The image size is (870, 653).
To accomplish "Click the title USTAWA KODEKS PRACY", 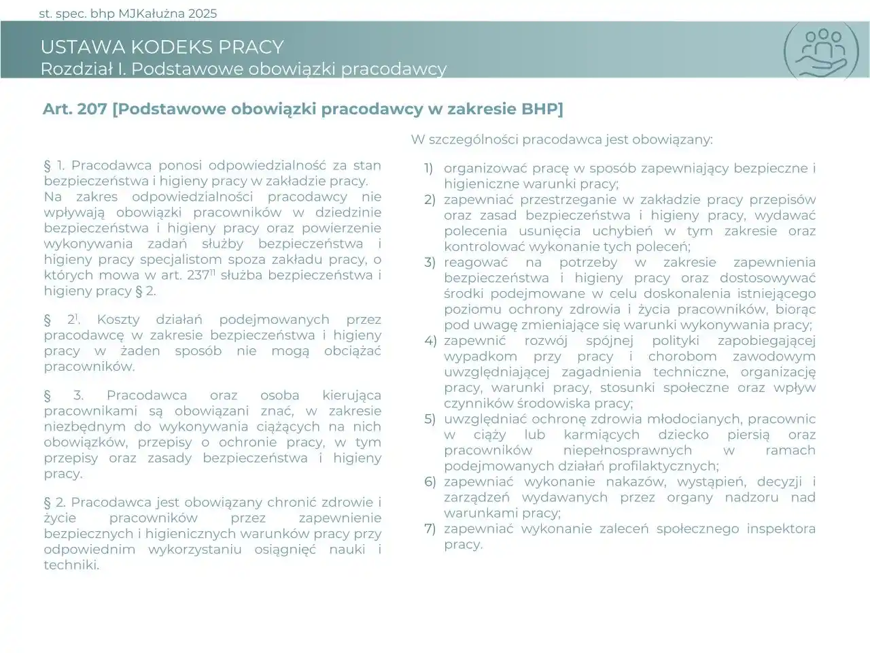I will point(162,47).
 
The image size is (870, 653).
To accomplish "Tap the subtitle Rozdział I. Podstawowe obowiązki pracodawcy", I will point(243,69).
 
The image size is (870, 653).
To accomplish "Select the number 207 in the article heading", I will point(92,109).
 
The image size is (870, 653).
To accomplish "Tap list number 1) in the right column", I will point(429,168).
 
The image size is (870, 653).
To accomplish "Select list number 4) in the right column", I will point(430,341).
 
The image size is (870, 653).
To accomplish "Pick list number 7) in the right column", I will point(430,529).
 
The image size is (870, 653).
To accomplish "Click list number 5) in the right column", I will point(430,419).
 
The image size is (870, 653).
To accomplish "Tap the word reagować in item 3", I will point(473,262).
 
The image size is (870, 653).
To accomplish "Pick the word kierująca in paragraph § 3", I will point(351,395).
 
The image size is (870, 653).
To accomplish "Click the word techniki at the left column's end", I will point(71,565).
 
